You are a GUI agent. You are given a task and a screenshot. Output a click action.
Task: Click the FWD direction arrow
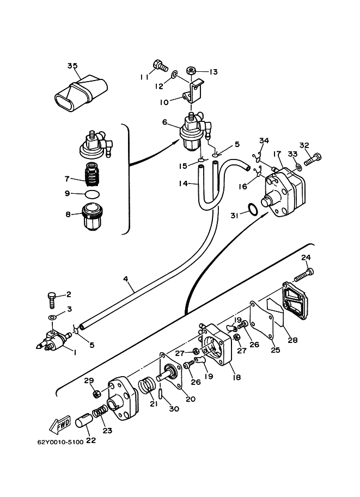coord(59,425)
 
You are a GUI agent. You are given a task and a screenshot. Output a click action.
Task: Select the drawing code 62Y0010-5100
coord(60,441)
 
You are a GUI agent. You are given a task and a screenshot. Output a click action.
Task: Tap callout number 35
coord(72,66)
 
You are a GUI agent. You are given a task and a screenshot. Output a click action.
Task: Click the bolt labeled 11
coord(160,65)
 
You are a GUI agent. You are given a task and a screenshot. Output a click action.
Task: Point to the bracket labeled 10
coord(193,91)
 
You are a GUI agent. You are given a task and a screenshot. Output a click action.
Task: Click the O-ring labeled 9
coord(93,194)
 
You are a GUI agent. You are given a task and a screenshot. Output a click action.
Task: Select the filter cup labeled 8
coord(91,217)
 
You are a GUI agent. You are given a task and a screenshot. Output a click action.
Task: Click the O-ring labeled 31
coord(253,210)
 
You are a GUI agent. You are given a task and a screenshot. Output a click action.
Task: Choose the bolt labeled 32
coord(313,159)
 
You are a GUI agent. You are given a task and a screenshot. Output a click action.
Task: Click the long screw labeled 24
coord(304,274)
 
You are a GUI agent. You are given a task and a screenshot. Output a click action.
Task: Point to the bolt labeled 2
coord(52,299)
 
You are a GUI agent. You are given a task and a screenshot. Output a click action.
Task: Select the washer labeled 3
coord(52,317)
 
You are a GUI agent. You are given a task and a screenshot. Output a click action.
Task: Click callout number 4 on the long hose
coord(125,279)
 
